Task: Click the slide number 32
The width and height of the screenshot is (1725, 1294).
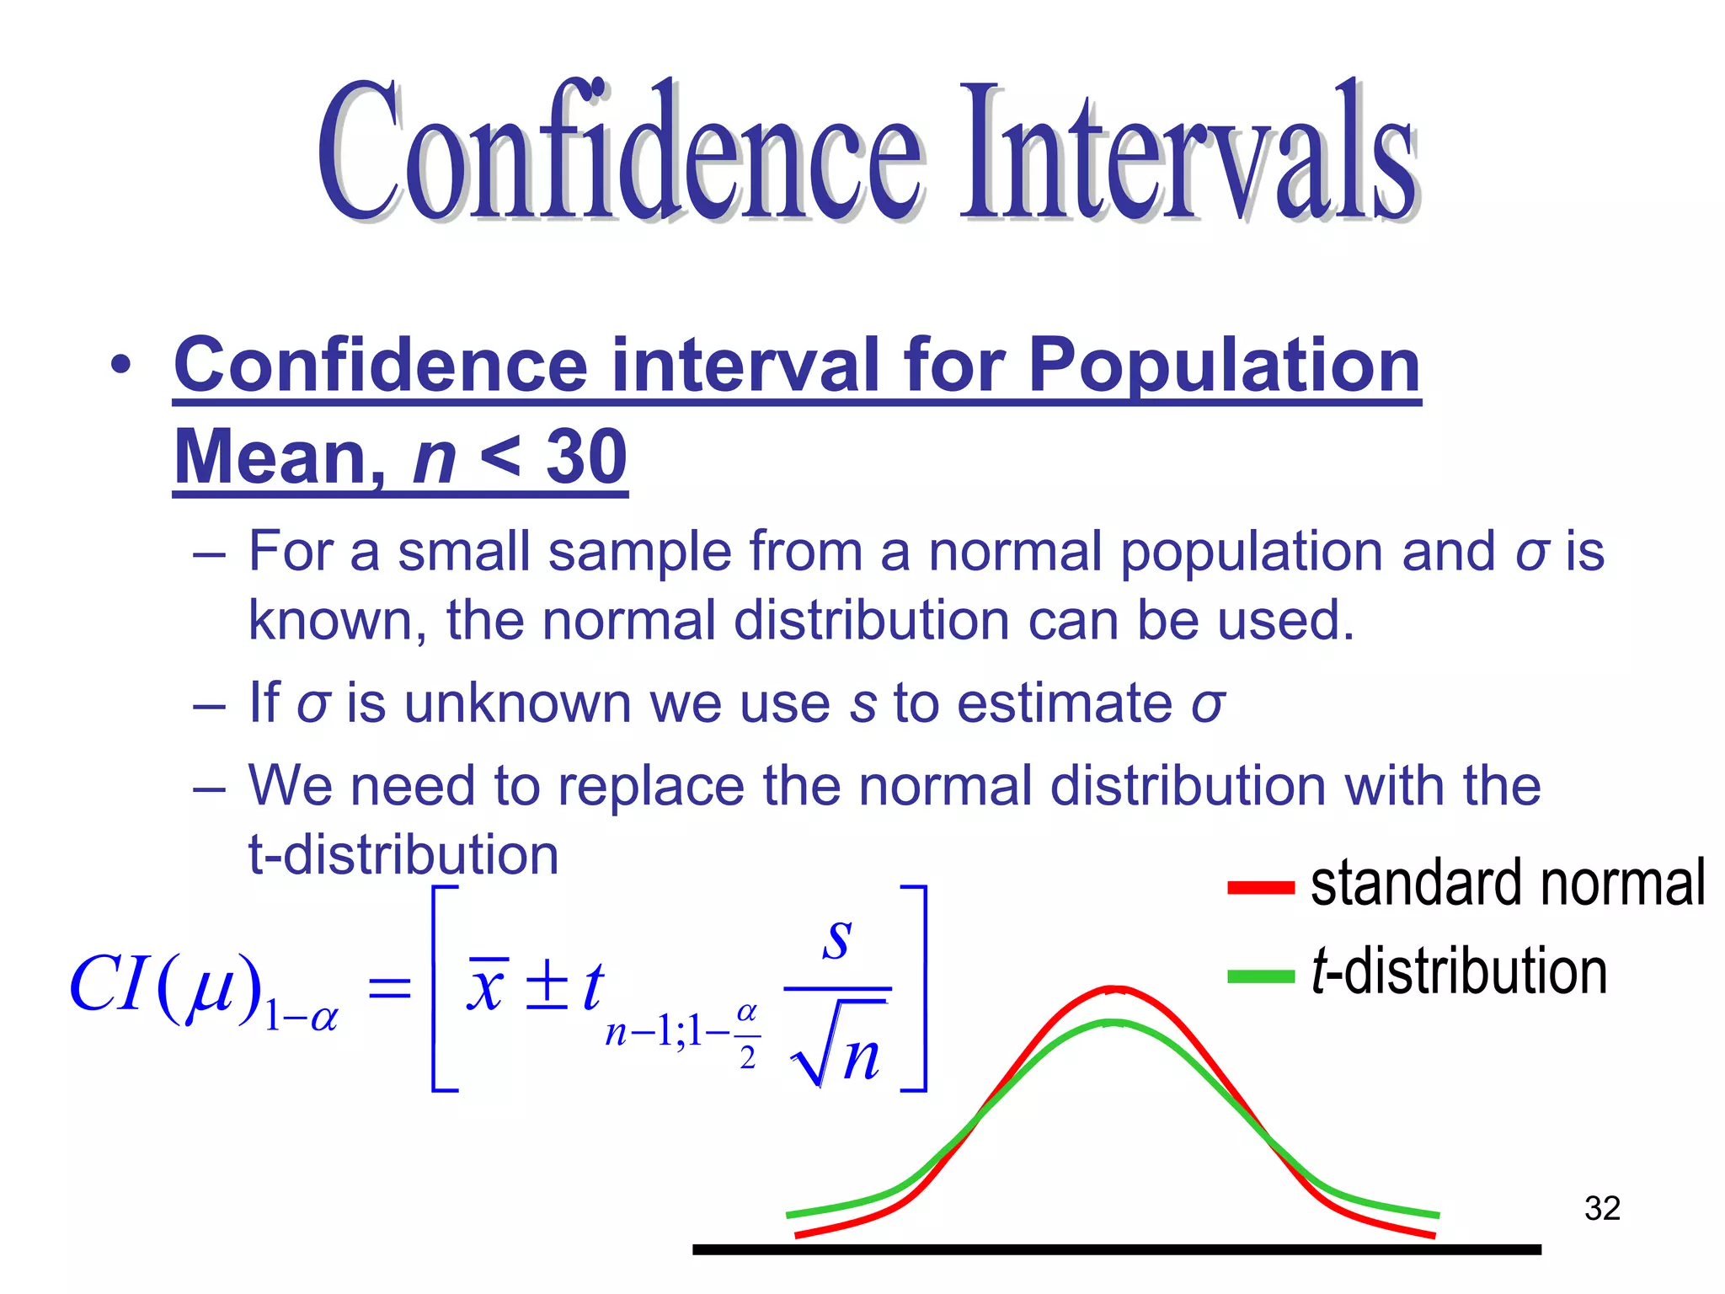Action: (x=1601, y=1208)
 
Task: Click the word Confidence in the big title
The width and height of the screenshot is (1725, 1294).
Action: (x=619, y=152)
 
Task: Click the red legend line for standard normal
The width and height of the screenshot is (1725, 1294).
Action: (x=1260, y=887)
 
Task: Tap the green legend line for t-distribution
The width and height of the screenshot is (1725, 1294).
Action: (x=1260, y=976)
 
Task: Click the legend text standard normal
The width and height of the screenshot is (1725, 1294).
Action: (x=1508, y=884)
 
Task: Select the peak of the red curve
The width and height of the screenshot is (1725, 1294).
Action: (x=1114, y=989)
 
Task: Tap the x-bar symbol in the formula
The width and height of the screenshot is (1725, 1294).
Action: (x=488, y=985)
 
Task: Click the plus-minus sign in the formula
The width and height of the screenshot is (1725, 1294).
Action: (x=547, y=985)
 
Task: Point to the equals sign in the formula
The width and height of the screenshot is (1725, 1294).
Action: (x=389, y=987)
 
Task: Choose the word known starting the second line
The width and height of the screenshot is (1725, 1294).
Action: (x=336, y=621)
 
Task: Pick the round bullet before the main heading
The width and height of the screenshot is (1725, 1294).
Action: (x=121, y=365)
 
